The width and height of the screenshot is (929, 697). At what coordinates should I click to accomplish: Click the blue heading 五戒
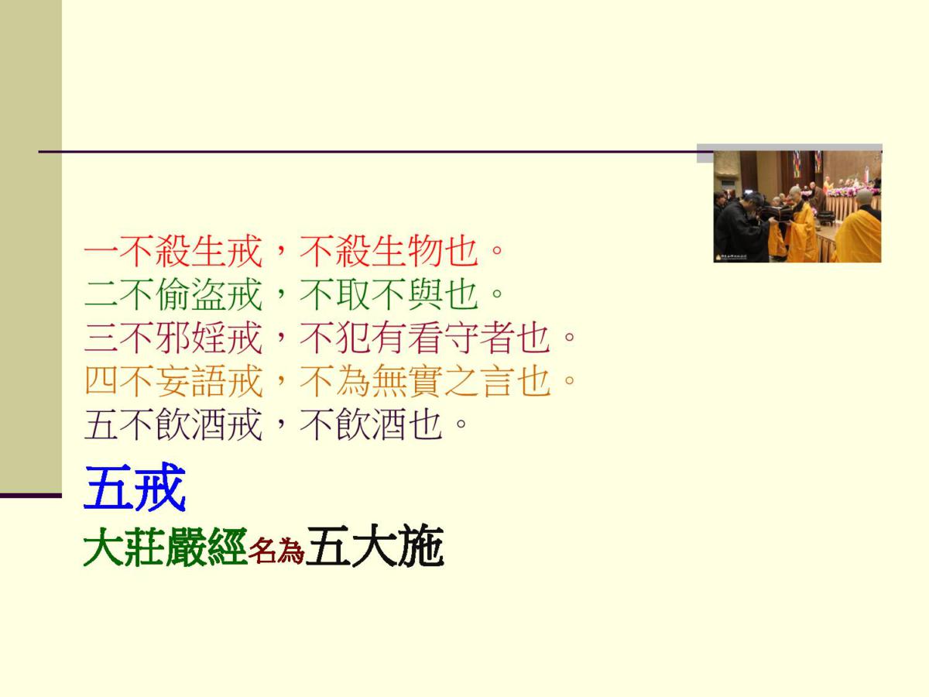click(x=135, y=488)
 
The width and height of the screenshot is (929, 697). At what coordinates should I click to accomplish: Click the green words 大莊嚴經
click(x=165, y=547)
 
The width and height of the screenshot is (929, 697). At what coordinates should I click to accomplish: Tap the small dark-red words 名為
click(x=276, y=551)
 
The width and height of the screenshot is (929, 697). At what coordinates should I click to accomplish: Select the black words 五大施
click(x=375, y=546)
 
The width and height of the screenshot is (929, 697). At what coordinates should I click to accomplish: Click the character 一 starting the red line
click(x=101, y=251)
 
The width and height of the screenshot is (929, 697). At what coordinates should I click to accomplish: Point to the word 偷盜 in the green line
click(x=190, y=294)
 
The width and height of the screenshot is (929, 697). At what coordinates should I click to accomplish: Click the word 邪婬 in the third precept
click(x=190, y=338)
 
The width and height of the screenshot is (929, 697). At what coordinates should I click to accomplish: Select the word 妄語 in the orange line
click(x=190, y=381)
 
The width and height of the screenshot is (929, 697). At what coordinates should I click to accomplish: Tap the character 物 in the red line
click(x=425, y=251)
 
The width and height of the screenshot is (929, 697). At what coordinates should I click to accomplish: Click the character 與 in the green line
click(x=425, y=294)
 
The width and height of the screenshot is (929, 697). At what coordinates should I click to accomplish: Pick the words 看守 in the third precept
click(x=443, y=338)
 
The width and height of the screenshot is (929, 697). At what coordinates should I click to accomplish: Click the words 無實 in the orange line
click(x=407, y=381)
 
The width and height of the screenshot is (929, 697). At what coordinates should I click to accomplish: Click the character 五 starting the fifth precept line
click(x=101, y=424)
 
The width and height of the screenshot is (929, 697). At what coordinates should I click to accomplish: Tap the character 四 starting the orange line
click(x=101, y=381)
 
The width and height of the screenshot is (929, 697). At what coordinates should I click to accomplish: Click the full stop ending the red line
click(x=497, y=250)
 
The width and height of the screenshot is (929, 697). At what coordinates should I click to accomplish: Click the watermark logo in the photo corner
click(x=731, y=257)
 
